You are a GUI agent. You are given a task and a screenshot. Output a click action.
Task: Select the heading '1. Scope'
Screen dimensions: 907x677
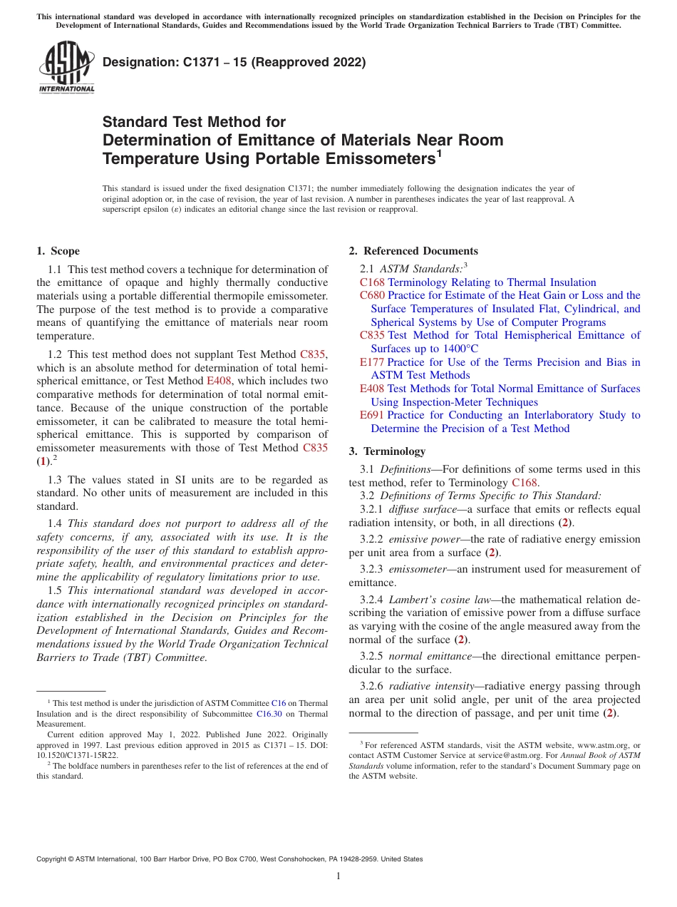coord(58,251)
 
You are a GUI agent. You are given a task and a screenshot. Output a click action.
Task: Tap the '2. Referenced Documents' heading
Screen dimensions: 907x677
coord(413,251)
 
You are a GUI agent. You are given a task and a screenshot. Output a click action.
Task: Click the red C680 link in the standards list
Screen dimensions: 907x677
coord(372,295)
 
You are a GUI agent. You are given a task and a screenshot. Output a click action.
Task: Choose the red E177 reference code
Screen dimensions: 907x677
coord(372,362)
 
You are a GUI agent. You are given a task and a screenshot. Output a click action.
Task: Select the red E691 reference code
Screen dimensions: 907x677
coord(372,415)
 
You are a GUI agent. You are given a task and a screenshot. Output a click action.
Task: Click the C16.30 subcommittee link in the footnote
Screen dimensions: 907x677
coord(269,713)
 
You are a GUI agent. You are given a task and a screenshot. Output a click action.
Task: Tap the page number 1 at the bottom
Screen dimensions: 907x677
coord(338,876)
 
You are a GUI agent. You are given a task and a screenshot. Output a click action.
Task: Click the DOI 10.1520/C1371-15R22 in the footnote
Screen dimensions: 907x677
coord(77,754)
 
